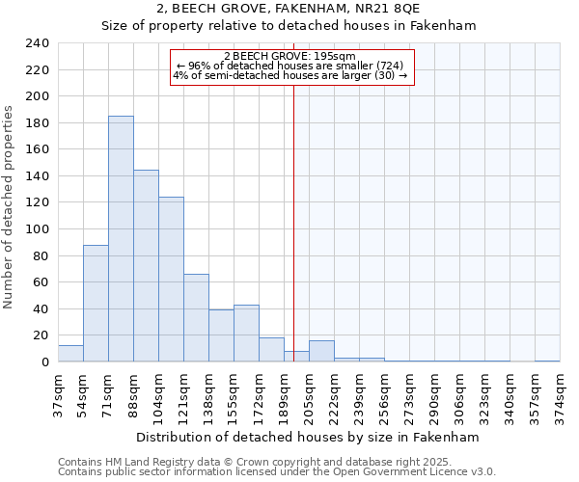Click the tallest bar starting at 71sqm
(x=121, y=239)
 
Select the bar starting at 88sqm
(x=146, y=266)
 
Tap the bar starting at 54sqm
(x=96, y=304)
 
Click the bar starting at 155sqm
(x=246, y=334)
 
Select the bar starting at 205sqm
(x=321, y=352)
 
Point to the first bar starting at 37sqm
(x=70, y=354)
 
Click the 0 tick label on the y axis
(x=44, y=362)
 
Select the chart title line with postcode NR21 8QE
(x=289, y=9)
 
